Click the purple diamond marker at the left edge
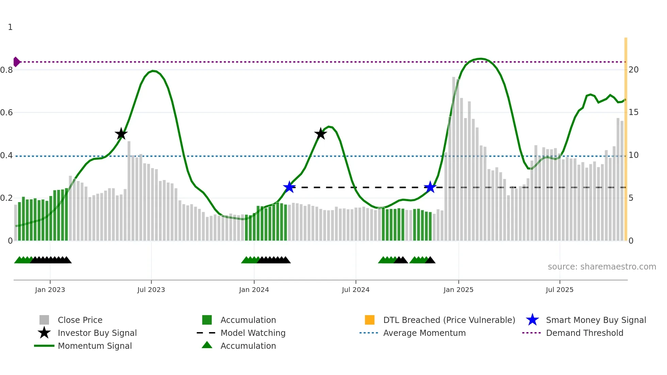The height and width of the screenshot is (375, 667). click(x=16, y=62)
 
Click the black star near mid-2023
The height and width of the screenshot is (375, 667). click(x=121, y=134)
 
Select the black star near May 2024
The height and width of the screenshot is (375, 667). click(x=320, y=134)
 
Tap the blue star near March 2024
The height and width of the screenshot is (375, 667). click(x=289, y=187)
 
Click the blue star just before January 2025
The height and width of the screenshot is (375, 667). click(x=430, y=187)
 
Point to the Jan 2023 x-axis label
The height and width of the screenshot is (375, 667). click(x=50, y=290)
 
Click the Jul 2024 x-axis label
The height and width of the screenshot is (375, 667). click(x=356, y=290)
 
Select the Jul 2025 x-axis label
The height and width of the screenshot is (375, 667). click(x=559, y=290)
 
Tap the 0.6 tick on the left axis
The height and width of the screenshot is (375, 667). click(x=6, y=113)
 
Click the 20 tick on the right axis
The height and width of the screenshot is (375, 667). click(x=633, y=70)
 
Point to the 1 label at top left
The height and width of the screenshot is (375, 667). click(x=10, y=27)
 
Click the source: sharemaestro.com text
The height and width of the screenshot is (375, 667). click(x=602, y=267)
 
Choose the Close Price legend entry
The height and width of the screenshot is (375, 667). click(x=80, y=320)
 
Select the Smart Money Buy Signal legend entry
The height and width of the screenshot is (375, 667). click(x=596, y=320)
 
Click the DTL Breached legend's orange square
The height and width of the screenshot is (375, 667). click(x=370, y=320)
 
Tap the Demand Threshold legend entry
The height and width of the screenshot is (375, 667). click(x=584, y=333)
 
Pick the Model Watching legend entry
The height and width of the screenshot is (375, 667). click(x=253, y=333)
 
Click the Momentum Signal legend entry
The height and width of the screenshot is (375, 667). click(x=95, y=346)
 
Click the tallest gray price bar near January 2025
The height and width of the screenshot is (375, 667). click(x=454, y=160)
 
